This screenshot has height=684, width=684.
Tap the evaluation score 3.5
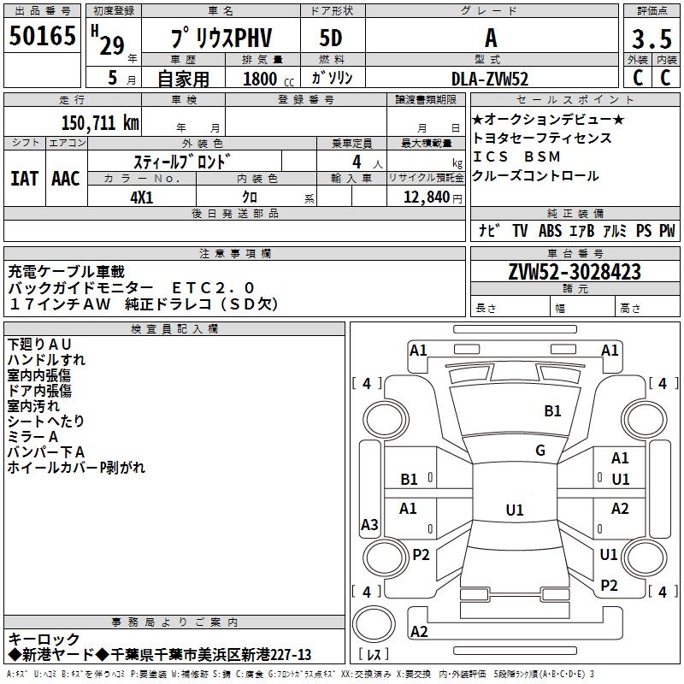(651, 39)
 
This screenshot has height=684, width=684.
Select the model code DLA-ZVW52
(490, 78)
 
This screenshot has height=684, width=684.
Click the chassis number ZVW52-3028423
(574, 272)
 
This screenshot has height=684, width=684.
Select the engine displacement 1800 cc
(261, 79)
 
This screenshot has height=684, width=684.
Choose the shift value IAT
(24, 179)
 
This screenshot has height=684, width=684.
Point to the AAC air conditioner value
(66, 179)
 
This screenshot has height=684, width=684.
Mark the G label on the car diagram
(540, 451)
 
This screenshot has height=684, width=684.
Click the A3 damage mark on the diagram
(369, 525)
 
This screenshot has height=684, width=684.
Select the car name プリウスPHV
(220, 38)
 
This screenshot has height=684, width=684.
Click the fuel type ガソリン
(332, 78)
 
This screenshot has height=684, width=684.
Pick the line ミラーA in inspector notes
(33, 436)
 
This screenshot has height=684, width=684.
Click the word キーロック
(44, 639)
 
